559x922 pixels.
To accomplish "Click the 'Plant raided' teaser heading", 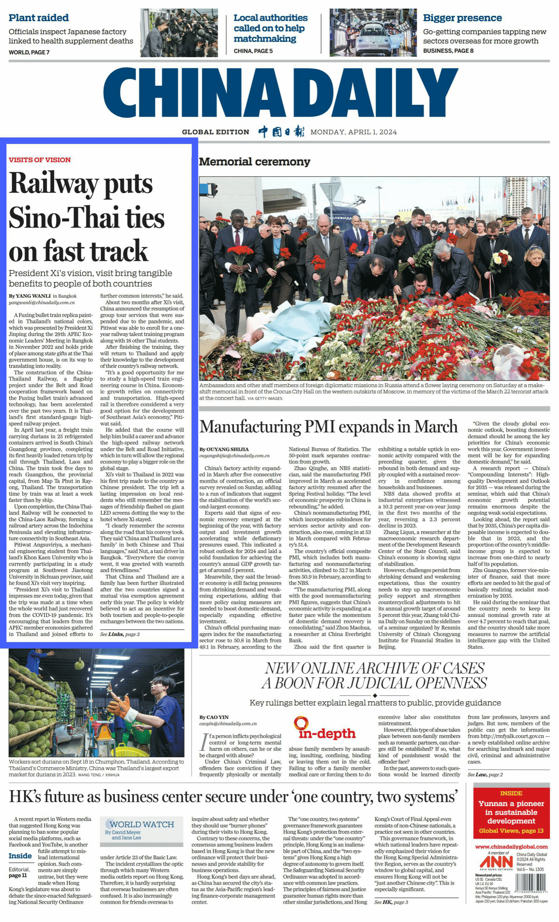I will coord(38,18).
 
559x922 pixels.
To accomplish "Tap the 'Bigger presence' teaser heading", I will coord(462,18).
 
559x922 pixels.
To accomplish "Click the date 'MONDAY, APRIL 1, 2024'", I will coord(353,132).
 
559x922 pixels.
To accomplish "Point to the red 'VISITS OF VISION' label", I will coord(40,160).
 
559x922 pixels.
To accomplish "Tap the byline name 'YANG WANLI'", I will coord(33,296).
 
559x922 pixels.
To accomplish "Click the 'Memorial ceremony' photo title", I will coord(254,162).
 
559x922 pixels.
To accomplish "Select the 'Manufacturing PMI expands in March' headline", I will coord(328,427).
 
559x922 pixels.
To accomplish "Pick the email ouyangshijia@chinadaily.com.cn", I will coord(234,455).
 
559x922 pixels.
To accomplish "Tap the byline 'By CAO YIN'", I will coord(213,717).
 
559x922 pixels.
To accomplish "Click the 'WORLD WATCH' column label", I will coord(142,824).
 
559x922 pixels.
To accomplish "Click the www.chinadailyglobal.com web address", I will coord(511,846).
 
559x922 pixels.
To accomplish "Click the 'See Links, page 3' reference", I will coord(120,634).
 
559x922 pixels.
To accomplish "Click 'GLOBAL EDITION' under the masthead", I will coord(216,132).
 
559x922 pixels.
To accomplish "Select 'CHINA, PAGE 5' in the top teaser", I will coord(253,51).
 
